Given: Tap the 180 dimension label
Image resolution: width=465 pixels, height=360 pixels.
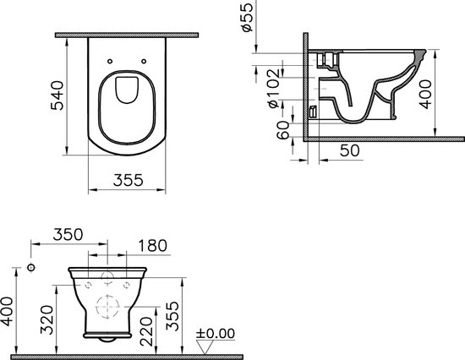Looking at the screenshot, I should (x=153, y=246).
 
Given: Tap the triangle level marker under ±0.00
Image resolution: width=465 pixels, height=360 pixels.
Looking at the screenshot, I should (x=201, y=345).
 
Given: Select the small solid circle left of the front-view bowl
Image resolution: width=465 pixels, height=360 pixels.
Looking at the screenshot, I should (x=31, y=268).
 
